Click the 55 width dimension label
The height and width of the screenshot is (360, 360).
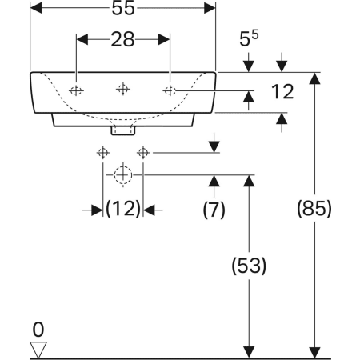[123, 8]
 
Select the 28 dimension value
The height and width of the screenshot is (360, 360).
[122, 39]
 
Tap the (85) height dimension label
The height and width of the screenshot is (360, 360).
[314, 208]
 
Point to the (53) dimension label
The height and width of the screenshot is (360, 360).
[249, 266]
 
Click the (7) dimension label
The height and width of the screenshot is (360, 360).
[214, 210]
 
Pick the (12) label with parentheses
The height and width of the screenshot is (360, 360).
[123, 208]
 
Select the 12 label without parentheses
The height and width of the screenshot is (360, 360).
[282, 92]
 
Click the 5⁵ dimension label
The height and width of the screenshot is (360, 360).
[249, 38]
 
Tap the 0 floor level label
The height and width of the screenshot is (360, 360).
[38, 330]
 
